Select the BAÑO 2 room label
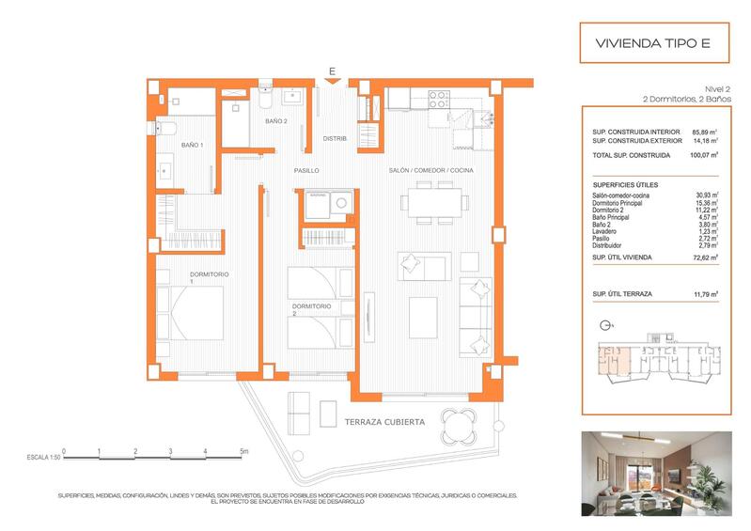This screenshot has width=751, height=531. [x=275, y=121]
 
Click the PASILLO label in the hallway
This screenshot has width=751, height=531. [x=306, y=171]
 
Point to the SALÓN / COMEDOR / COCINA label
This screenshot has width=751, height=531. [x=431, y=170]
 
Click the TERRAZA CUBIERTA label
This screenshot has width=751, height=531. [x=384, y=422]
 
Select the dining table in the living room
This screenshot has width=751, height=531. [x=432, y=203]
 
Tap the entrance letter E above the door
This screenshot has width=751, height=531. [x=332, y=70]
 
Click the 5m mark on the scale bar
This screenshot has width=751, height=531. [x=243, y=452]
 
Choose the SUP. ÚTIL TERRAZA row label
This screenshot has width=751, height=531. [x=622, y=294]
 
